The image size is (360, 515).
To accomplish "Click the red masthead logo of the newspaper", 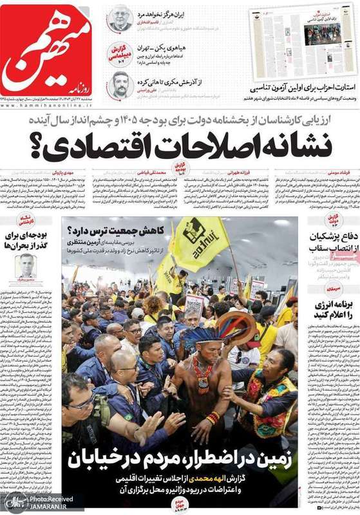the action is click(x=48, y=51).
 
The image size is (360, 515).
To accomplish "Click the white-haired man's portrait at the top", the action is click(x=120, y=17).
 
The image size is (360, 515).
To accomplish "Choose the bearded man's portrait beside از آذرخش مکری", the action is click(x=120, y=84).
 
